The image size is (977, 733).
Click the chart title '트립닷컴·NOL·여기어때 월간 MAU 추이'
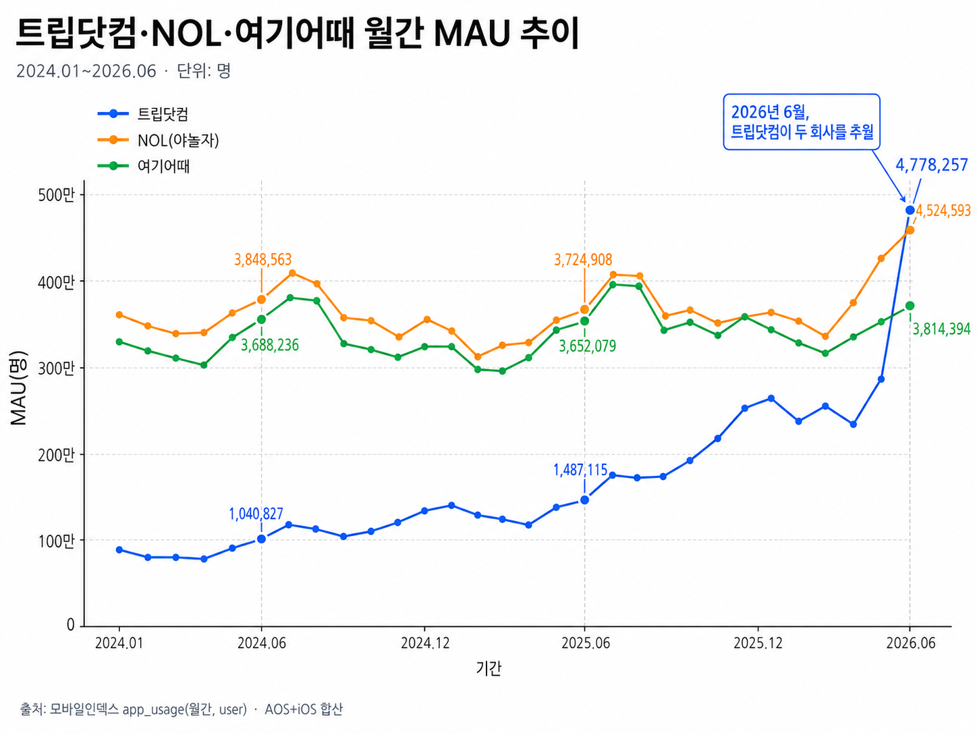coord(298,32)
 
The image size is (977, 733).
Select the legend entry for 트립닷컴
coord(143,114)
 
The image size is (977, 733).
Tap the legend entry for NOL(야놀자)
coord(158,140)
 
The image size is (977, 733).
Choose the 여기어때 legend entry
coord(143,166)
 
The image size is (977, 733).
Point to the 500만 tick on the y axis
coord(56,195)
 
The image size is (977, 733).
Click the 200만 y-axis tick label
coord(56,455)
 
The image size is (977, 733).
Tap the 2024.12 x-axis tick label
coord(425,643)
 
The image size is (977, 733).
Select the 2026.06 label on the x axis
coord(911,643)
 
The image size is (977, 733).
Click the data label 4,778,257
coord(932,165)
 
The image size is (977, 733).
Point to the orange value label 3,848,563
coord(263,259)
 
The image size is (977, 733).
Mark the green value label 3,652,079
coord(588,346)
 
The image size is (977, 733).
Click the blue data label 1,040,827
coord(256,514)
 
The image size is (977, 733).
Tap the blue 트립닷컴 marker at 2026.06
coord(910,210)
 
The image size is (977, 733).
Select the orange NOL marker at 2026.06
coord(910,230)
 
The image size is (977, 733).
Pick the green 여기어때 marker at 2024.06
coord(261,319)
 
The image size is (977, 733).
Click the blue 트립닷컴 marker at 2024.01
coord(119,549)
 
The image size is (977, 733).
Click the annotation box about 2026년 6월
coord(801,121)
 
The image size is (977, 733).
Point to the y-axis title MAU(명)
coord(19,388)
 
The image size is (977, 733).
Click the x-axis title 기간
coord(488,668)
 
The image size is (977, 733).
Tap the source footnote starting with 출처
coord(181,709)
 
